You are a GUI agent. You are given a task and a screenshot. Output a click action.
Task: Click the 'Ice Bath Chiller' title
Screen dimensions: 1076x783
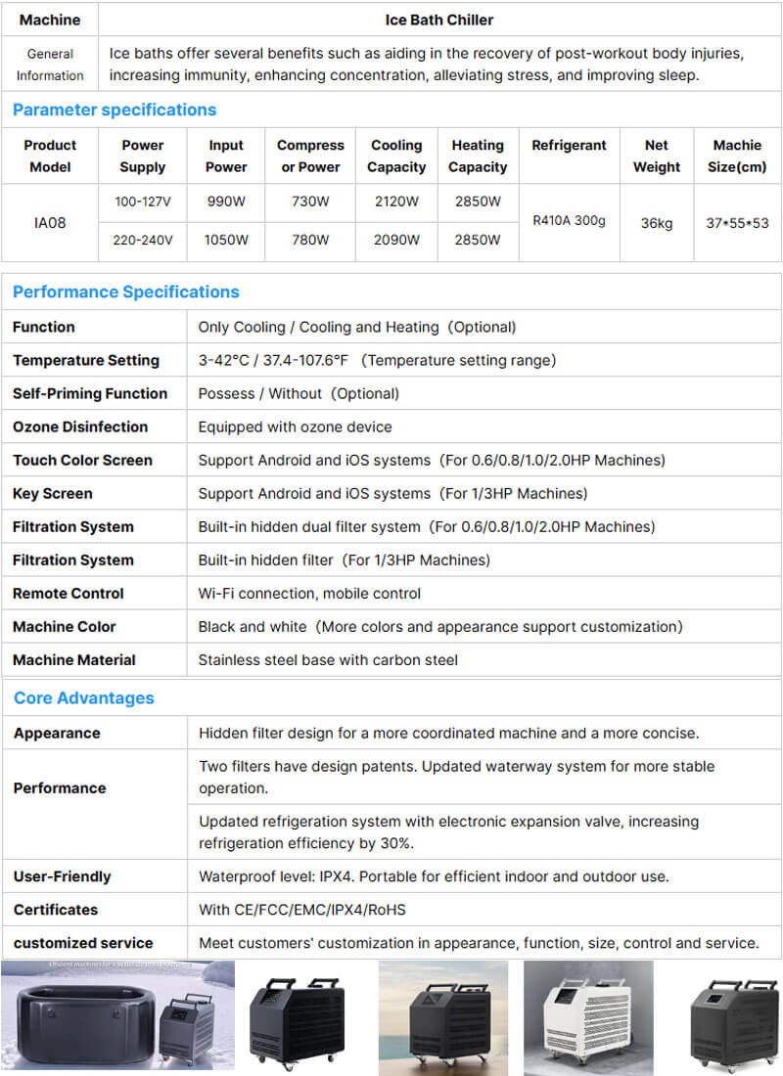pos(439,20)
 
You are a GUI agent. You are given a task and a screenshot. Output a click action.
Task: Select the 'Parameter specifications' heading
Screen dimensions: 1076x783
pos(115,110)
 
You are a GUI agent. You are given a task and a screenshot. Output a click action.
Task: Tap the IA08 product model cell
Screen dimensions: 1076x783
pos(50,223)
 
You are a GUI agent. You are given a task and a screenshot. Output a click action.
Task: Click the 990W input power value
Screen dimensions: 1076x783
pos(226,202)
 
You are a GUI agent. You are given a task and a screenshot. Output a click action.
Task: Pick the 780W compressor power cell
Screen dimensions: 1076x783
pos(310,240)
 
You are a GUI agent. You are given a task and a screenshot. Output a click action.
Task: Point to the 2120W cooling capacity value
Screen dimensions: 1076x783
pos(396,202)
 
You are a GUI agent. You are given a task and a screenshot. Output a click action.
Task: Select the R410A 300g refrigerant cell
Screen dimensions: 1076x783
pos(569,221)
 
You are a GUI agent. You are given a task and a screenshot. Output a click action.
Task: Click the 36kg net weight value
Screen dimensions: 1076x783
pos(657,223)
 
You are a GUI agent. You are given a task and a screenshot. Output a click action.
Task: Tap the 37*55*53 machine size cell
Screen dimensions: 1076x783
pos(737,223)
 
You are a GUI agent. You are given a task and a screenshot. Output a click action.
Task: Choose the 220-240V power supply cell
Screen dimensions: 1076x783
pos(143,240)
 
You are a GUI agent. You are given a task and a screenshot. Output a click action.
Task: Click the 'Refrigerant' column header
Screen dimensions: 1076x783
pos(569,145)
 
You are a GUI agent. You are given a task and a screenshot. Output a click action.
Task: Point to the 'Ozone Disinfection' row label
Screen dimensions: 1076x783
pos(80,426)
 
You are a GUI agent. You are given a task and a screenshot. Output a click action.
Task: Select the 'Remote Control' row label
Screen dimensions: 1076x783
pos(69,593)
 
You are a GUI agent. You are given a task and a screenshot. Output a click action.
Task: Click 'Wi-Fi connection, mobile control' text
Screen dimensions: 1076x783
pos(309,593)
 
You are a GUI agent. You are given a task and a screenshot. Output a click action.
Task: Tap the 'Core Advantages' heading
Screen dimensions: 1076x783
pos(84,697)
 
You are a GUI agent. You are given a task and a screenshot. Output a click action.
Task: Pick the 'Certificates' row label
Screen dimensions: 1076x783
pos(56,910)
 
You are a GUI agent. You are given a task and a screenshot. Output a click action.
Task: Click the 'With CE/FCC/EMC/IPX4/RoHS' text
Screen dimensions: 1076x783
pos(301,910)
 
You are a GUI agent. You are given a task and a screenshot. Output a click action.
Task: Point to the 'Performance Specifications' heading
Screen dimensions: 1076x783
pos(126,291)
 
